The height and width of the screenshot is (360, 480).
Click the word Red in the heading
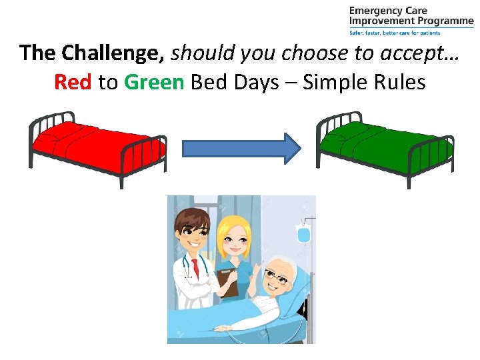pyautogui.click(x=73, y=82)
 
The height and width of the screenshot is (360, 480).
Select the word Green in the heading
pyautogui.click(x=153, y=82)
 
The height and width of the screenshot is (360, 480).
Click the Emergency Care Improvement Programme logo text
pyautogui.click(x=411, y=16)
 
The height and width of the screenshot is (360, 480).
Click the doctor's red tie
pyautogui.click(x=195, y=267)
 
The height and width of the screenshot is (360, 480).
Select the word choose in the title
pyautogui.click(x=317, y=53)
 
